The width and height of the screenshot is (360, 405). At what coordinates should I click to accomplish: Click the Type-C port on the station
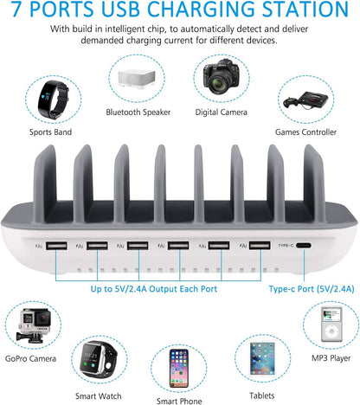pos(304,246)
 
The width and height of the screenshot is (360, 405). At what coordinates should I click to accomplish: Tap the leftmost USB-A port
pos(56,246)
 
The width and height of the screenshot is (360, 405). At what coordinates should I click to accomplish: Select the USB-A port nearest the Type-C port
pos(260,246)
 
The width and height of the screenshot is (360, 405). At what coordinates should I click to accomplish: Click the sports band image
pos(53,100)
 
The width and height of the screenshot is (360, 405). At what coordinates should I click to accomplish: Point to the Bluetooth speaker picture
pos(137,78)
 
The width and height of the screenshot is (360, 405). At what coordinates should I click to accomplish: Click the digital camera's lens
pos(220,82)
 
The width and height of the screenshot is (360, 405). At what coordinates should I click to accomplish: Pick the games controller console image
pos(305,100)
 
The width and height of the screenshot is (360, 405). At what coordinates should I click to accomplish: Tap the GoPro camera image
pos(33,325)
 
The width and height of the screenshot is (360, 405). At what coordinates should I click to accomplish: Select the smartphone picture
pos(179,369)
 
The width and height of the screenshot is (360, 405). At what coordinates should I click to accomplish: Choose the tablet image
pos(262,358)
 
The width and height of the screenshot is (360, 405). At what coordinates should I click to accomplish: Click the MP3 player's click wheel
pos(331,331)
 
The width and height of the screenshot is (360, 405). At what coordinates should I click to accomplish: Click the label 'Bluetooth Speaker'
pos(138,112)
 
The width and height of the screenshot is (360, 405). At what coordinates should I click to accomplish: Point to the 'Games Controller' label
pos(305,132)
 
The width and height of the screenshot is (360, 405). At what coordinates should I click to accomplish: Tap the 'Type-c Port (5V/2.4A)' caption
pos(312,289)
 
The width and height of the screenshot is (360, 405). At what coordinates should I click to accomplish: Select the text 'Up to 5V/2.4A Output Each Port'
pos(154,289)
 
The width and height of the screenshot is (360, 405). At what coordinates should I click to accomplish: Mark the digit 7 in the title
pos(16,10)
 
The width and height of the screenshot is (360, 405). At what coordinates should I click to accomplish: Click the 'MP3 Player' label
pos(331,358)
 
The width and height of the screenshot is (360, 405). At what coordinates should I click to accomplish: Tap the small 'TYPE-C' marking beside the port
pos(286,246)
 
